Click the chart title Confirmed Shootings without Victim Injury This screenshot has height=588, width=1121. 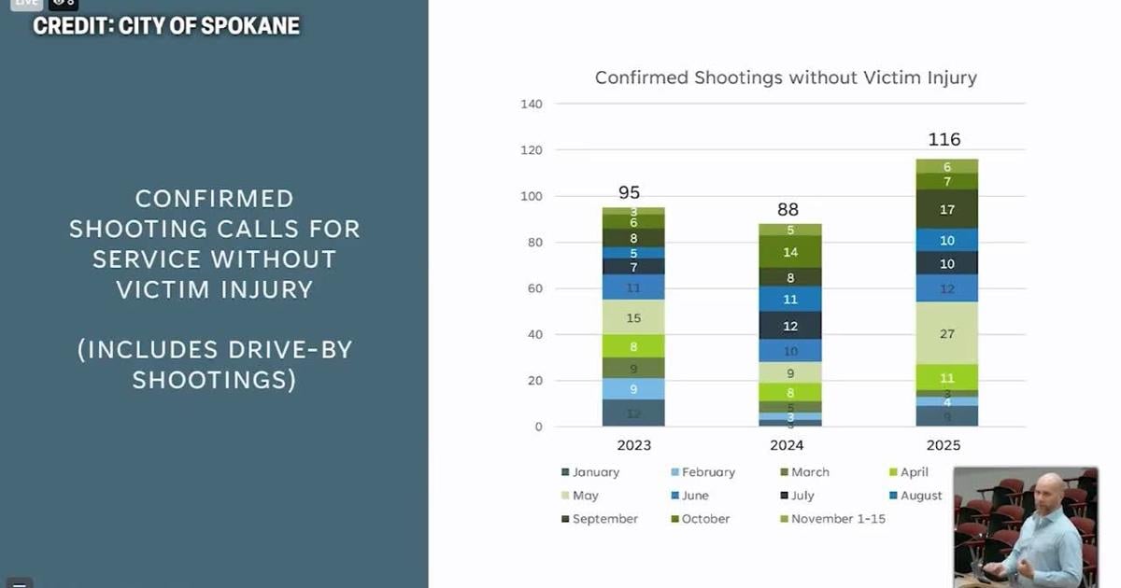[786, 77]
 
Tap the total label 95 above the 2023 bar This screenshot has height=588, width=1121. [629, 193]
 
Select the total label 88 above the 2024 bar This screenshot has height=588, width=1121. [788, 210]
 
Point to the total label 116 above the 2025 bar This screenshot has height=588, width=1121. [944, 140]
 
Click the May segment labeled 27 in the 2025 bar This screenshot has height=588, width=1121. [945, 333]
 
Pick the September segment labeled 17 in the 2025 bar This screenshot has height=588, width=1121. [945, 209]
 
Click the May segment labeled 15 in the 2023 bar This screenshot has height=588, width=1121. [633, 318]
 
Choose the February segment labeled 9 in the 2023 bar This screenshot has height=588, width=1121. [633, 389]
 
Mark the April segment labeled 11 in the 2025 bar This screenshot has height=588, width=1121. [945, 378]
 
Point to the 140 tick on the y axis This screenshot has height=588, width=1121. [531, 104]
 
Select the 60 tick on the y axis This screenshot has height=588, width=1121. [533, 288]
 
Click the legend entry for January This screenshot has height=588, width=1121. [595, 472]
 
